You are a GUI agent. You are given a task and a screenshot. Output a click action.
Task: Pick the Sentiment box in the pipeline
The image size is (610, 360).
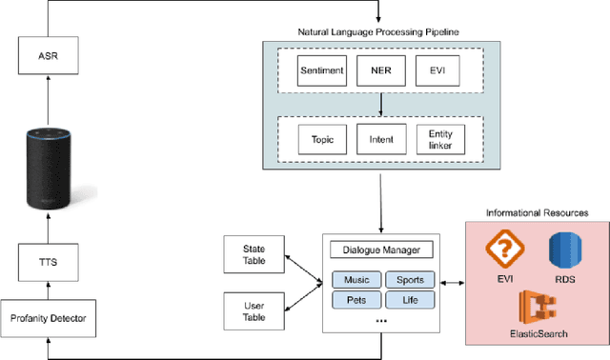pyautogui.click(x=322, y=70)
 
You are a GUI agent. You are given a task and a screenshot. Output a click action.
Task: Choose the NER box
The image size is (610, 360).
pyautogui.click(x=378, y=70)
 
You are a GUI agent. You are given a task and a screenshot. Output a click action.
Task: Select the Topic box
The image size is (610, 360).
pyautogui.click(x=322, y=139)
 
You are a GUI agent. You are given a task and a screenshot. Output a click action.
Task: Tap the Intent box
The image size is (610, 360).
pyautogui.click(x=378, y=139)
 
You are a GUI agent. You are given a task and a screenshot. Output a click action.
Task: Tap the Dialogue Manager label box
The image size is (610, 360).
pyautogui.click(x=380, y=251)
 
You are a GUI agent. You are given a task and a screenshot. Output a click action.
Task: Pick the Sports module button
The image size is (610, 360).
pyautogui.click(x=410, y=279)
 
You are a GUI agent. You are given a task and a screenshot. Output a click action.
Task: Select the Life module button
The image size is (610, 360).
pyautogui.click(x=410, y=299)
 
